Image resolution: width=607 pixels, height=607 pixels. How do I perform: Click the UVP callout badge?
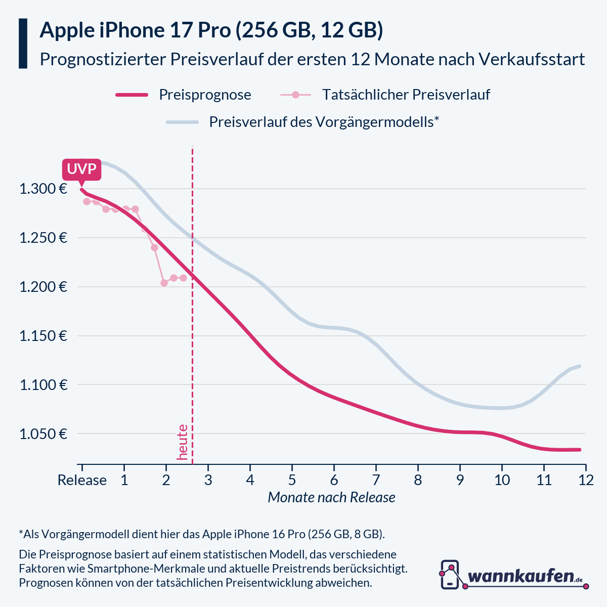pyautogui.click(x=81, y=169)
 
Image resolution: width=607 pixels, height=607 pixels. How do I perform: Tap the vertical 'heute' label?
pyautogui.click(x=182, y=442)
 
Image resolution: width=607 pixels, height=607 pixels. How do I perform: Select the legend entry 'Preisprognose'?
pyautogui.click(x=205, y=95)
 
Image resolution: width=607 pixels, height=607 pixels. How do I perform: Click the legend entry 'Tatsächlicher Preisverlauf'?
pyautogui.click(x=406, y=95)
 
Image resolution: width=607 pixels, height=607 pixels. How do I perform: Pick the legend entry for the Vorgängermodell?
pyautogui.click(x=324, y=122)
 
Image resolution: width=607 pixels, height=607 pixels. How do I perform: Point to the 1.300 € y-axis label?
pyautogui.click(x=44, y=189)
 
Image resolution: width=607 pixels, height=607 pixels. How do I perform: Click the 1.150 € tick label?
pyautogui.click(x=44, y=336)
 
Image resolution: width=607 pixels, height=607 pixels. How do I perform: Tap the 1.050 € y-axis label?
pyautogui.click(x=44, y=434)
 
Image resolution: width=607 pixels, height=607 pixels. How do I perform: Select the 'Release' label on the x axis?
pyautogui.click(x=82, y=480)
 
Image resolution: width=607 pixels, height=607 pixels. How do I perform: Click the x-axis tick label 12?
pyautogui.click(x=586, y=480)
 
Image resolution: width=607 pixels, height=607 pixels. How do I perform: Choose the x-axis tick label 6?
pyautogui.click(x=334, y=480)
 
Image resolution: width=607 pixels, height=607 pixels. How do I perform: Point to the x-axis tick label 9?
pyautogui.click(x=460, y=480)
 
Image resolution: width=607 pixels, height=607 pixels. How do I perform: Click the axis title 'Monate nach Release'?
pyautogui.click(x=331, y=498)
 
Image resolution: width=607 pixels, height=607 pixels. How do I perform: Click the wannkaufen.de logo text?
pyautogui.click(x=521, y=576)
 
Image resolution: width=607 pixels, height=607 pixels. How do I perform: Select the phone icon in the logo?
pyautogui.click(x=450, y=575)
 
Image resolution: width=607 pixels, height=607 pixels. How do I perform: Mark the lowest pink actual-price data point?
pyautogui.click(x=164, y=283)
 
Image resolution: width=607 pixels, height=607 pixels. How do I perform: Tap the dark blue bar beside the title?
pyautogui.click(x=23, y=44)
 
